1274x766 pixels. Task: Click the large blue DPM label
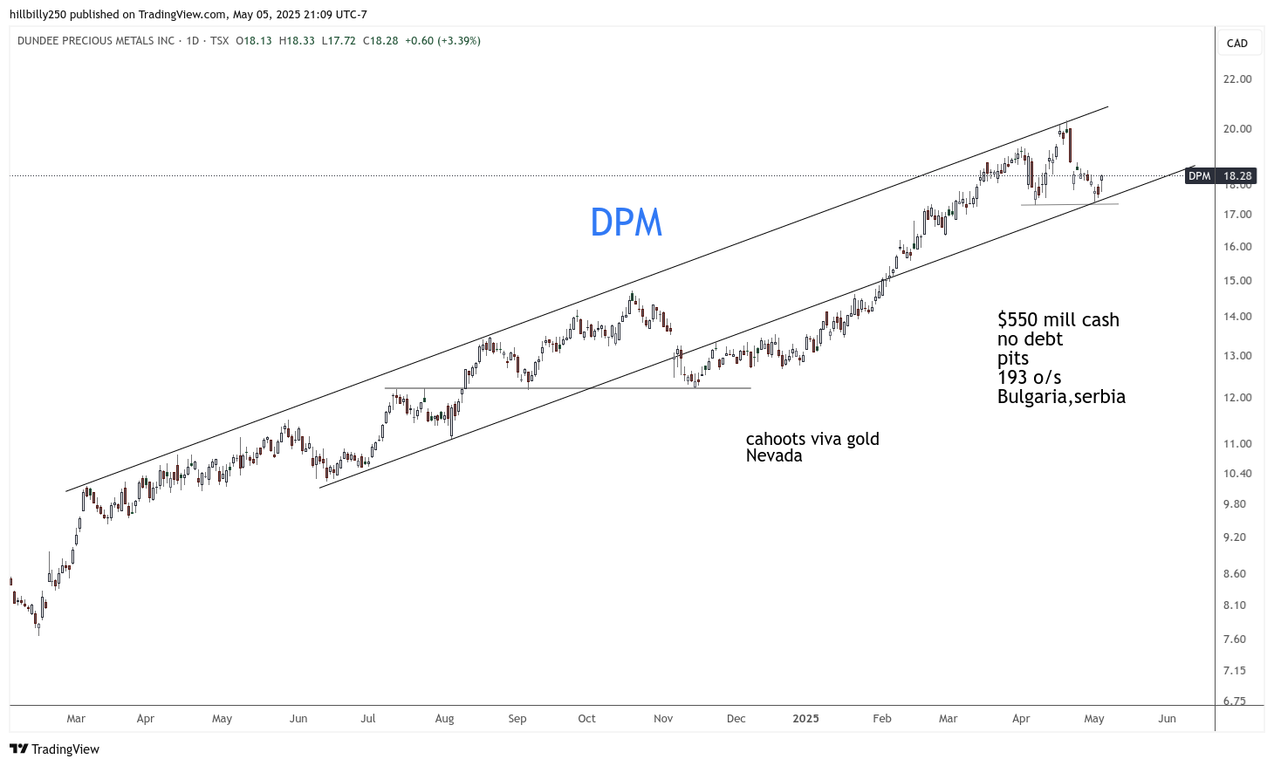[x=626, y=222]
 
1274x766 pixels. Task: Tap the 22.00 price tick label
[x=1236, y=79]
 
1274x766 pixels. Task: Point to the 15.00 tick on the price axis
[x=1236, y=281]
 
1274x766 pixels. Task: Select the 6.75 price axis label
[x=1234, y=701]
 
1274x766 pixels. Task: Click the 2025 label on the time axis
[x=805, y=719]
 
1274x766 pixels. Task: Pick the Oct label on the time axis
[x=586, y=719]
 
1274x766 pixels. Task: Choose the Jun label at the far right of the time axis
[x=1167, y=719]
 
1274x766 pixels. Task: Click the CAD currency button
[x=1236, y=44]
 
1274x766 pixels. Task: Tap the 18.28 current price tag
[x=1237, y=176]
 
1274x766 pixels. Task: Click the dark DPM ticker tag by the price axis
[x=1200, y=176]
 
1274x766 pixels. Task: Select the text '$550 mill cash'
[x=1058, y=320]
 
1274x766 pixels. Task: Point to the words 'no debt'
[x=1030, y=339]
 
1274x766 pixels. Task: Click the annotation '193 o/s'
[x=1029, y=378]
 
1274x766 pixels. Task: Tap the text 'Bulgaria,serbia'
[x=1061, y=397]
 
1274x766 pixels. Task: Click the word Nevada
[x=773, y=455]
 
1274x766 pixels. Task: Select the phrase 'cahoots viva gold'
[x=812, y=439]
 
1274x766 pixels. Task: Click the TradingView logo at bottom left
[x=54, y=749]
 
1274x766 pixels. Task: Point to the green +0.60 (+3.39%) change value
[x=442, y=41]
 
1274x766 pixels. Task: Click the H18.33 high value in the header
[x=297, y=41]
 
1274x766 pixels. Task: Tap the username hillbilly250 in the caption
[x=39, y=14]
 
